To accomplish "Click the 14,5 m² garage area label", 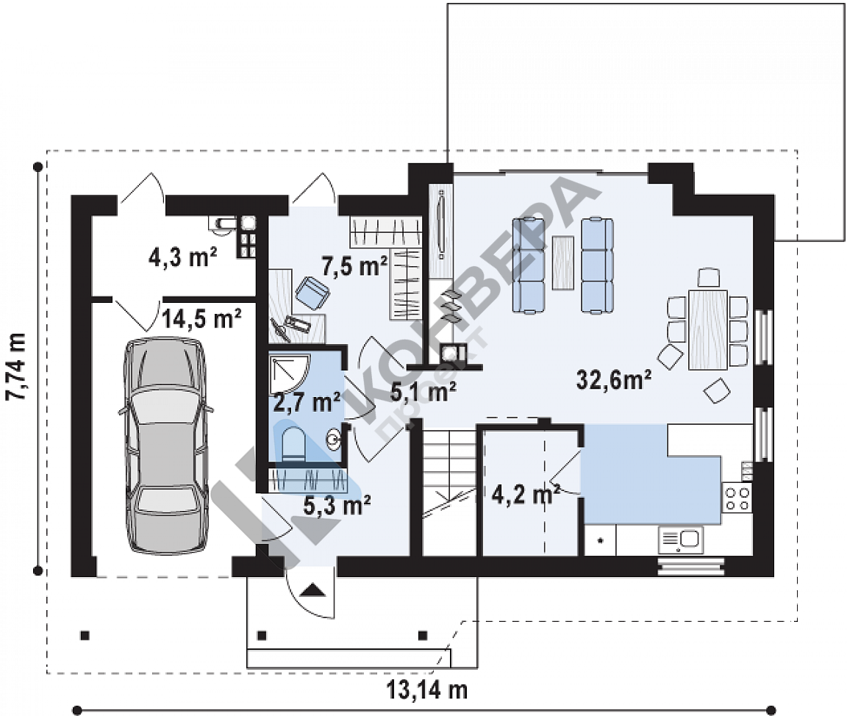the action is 201,319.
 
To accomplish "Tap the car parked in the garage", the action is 166,446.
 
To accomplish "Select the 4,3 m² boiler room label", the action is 182,257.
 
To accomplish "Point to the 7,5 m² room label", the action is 354,265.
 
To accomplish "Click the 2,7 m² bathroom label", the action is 307,402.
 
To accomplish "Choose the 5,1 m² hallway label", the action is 423,392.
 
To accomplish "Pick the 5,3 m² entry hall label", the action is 337,506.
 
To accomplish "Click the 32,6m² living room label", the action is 614,379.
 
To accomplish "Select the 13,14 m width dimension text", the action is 426,690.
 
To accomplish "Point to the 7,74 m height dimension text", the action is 16,367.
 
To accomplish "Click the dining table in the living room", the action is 708,330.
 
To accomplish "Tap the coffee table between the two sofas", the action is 563,262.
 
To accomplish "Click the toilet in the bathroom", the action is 294,444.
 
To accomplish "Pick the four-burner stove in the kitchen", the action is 737,498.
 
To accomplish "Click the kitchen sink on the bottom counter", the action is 680,540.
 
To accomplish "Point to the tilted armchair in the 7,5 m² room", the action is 312,293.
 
